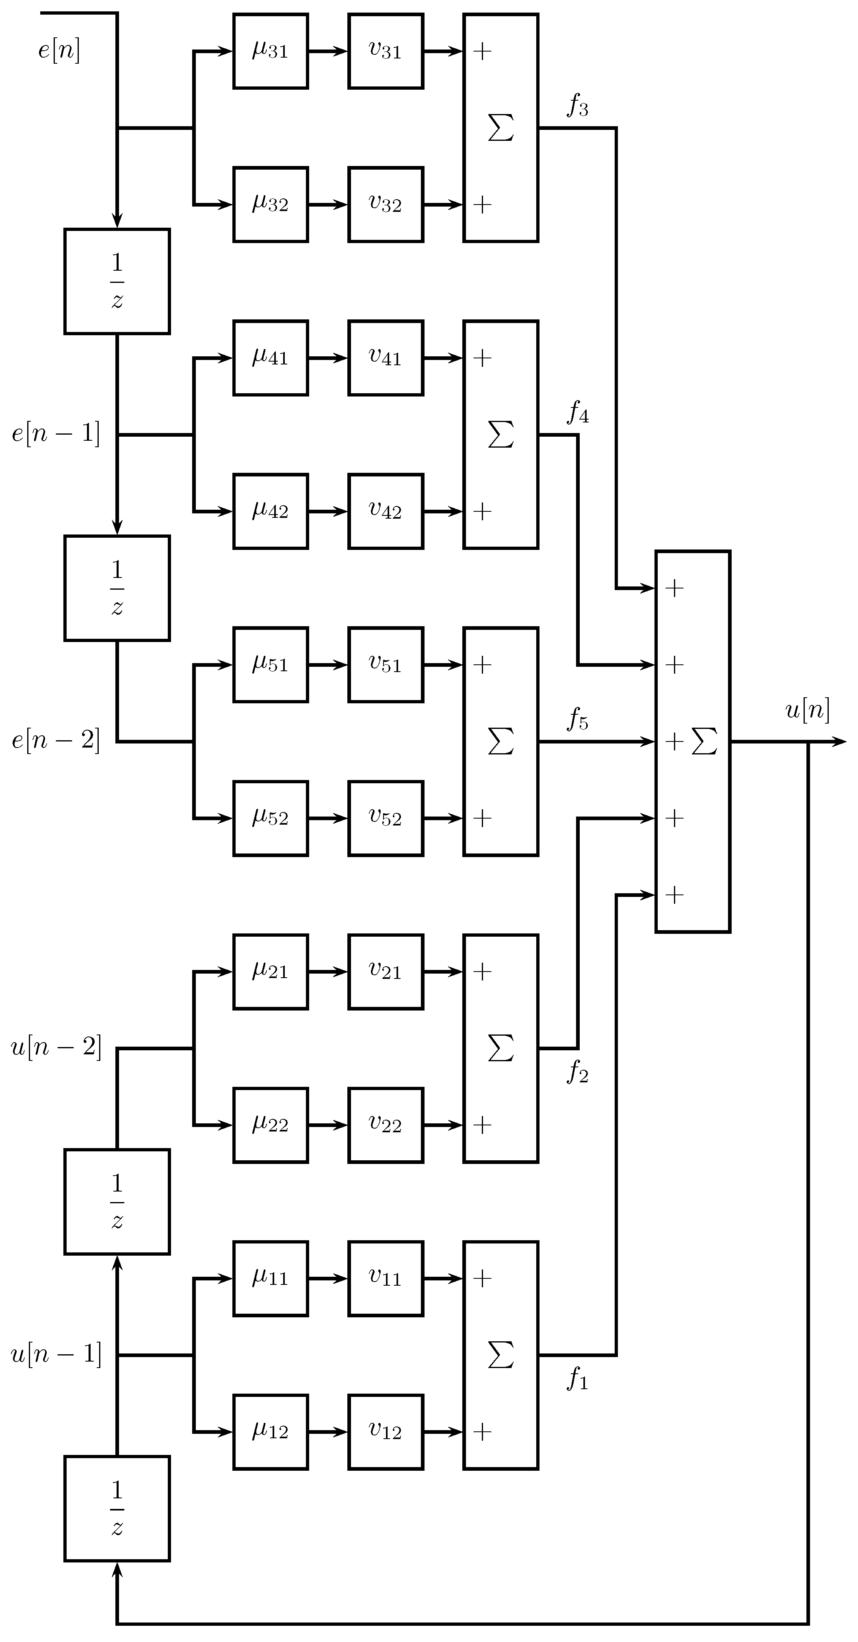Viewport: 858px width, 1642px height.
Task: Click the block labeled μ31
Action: (271, 51)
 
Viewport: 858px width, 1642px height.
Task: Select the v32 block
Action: (385, 205)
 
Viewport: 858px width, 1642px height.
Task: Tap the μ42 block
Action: (271, 511)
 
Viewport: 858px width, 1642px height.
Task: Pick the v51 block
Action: (385, 665)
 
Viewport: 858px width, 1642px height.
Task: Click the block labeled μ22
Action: (271, 1125)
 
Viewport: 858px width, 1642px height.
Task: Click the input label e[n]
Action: (58, 50)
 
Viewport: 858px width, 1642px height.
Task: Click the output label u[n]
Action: (807, 709)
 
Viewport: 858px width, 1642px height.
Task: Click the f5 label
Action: (577, 720)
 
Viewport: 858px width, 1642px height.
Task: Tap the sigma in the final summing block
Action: (704, 741)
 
